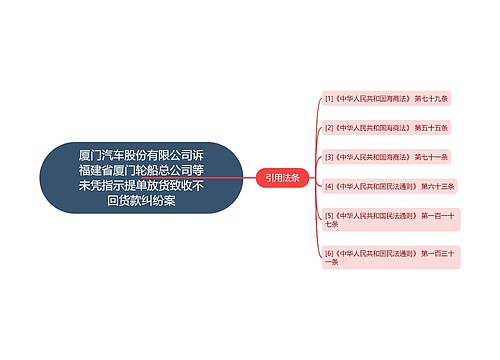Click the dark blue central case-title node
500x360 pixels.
pyautogui.click(x=141, y=178)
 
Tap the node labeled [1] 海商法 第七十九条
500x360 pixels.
pyautogui.click(x=386, y=99)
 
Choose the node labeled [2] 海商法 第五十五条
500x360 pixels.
pyautogui.click(x=386, y=128)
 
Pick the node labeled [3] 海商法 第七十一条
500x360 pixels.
pyautogui.click(x=386, y=157)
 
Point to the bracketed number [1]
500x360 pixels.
pyautogui.click(x=329, y=99)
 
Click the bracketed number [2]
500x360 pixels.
pyautogui.click(x=329, y=128)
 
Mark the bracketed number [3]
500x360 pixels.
pyautogui.click(x=329, y=157)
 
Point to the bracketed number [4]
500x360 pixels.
pyautogui.click(x=329, y=186)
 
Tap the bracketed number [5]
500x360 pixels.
pyautogui.click(x=329, y=214)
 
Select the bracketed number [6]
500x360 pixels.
pyautogui.click(x=329, y=254)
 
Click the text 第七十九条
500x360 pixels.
pyautogui.click(x=430, y=99)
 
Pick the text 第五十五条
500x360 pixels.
pyautogui.click(x=430, y=128)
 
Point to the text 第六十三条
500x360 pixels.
pyautogui.click(x=437, y=186)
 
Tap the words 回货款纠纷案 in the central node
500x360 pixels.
pyautogui.click(x=141, y=200)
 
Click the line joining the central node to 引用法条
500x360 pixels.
pyautogui.click(x=249, y=178)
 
